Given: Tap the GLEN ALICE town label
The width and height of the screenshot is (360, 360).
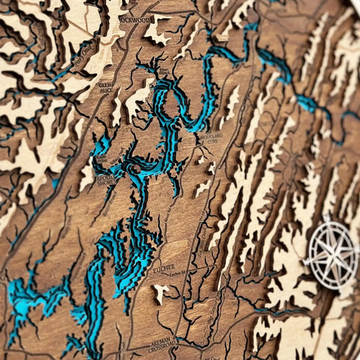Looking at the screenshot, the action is [x=106, y=87].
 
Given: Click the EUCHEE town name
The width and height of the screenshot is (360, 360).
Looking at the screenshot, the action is [x=165, y=267].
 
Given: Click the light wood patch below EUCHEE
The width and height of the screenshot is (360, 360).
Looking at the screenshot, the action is [x=159, y=293].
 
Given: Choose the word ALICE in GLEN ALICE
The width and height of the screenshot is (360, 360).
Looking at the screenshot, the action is [x=107, y=92].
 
